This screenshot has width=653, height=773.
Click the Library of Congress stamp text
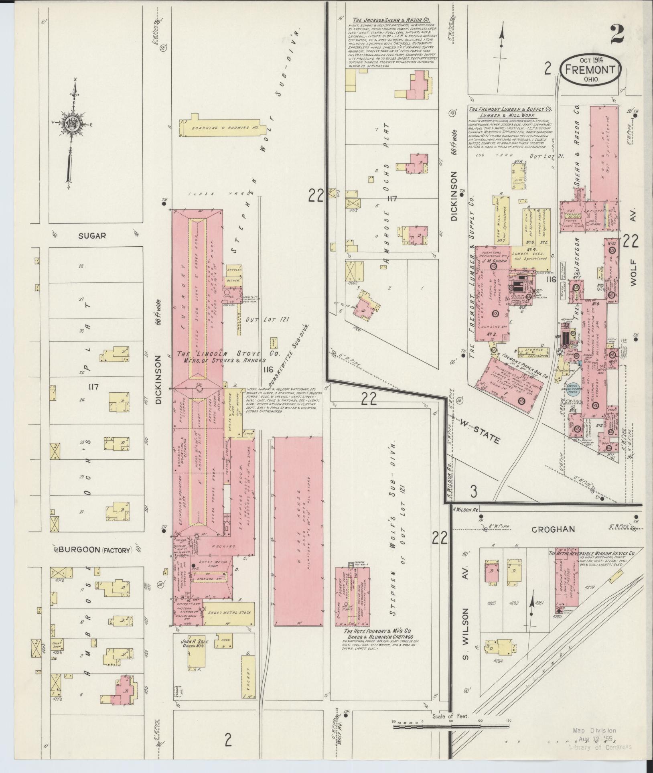click(600, 747)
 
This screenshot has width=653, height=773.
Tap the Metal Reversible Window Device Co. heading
click(591, 554)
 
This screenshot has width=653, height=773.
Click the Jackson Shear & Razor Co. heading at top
click(392, 20)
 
